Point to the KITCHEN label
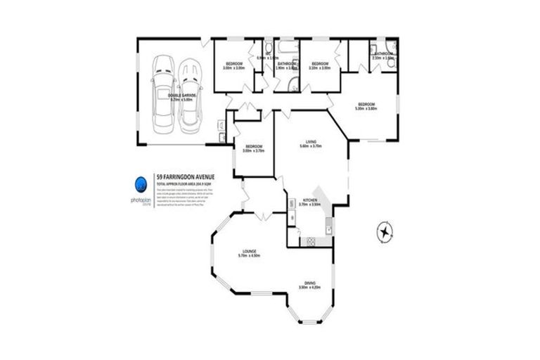[310, 201]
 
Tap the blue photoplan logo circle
[141, 185]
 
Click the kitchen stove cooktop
[308, 242]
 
